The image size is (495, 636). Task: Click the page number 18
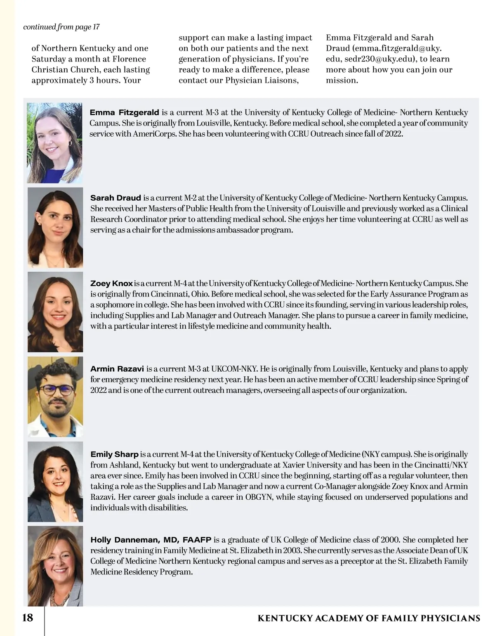[x=27, y=618]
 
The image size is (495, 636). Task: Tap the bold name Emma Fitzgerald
[x=124, y=112]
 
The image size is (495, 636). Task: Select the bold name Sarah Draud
[x=115, y=198]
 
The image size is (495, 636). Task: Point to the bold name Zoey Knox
[x=111, y=284]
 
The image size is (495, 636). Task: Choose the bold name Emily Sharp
[x=114, y=454]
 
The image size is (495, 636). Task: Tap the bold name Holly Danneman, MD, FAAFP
[x=151, y=540]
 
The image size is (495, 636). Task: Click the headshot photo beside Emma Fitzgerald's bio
[x=55, y=143]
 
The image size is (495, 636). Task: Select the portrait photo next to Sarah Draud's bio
[x=55, y=228]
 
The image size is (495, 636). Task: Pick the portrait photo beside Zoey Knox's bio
[x=55, y=312]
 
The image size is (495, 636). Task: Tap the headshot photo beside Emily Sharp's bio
[x=55, y=482]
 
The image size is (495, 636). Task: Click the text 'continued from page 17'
[x=61, y=27]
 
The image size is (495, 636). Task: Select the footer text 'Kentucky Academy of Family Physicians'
[x=369, y=618]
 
